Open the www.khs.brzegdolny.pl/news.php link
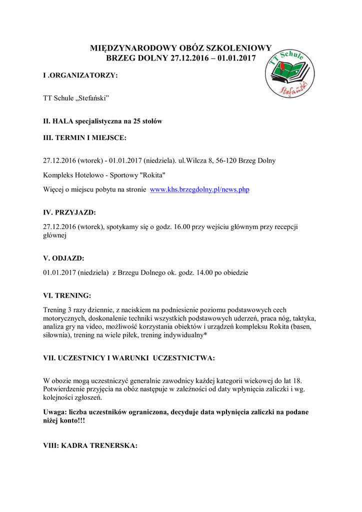199,190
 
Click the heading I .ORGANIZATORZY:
80,75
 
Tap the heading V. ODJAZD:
64,258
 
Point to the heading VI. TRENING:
67,295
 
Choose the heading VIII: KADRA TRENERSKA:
90,445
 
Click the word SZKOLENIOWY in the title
241,48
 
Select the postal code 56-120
225,161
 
